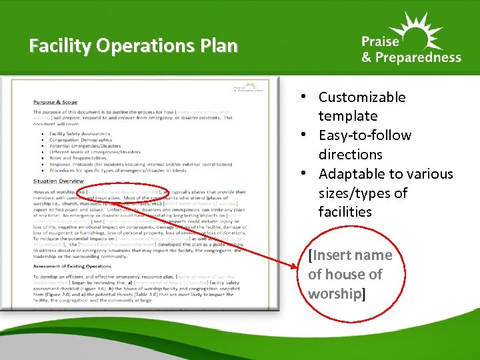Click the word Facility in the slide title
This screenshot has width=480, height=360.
coord(61,46)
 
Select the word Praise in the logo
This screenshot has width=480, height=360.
coord(382,41)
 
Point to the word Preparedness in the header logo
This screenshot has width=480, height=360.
coord(419,57)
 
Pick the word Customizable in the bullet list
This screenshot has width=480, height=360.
coord(362,97)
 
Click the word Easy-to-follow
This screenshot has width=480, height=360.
coord(365,135)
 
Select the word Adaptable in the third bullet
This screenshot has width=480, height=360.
coord(350,174)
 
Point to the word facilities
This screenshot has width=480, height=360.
coord(345,212)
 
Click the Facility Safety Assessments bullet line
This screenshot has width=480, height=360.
coord(83,133)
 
